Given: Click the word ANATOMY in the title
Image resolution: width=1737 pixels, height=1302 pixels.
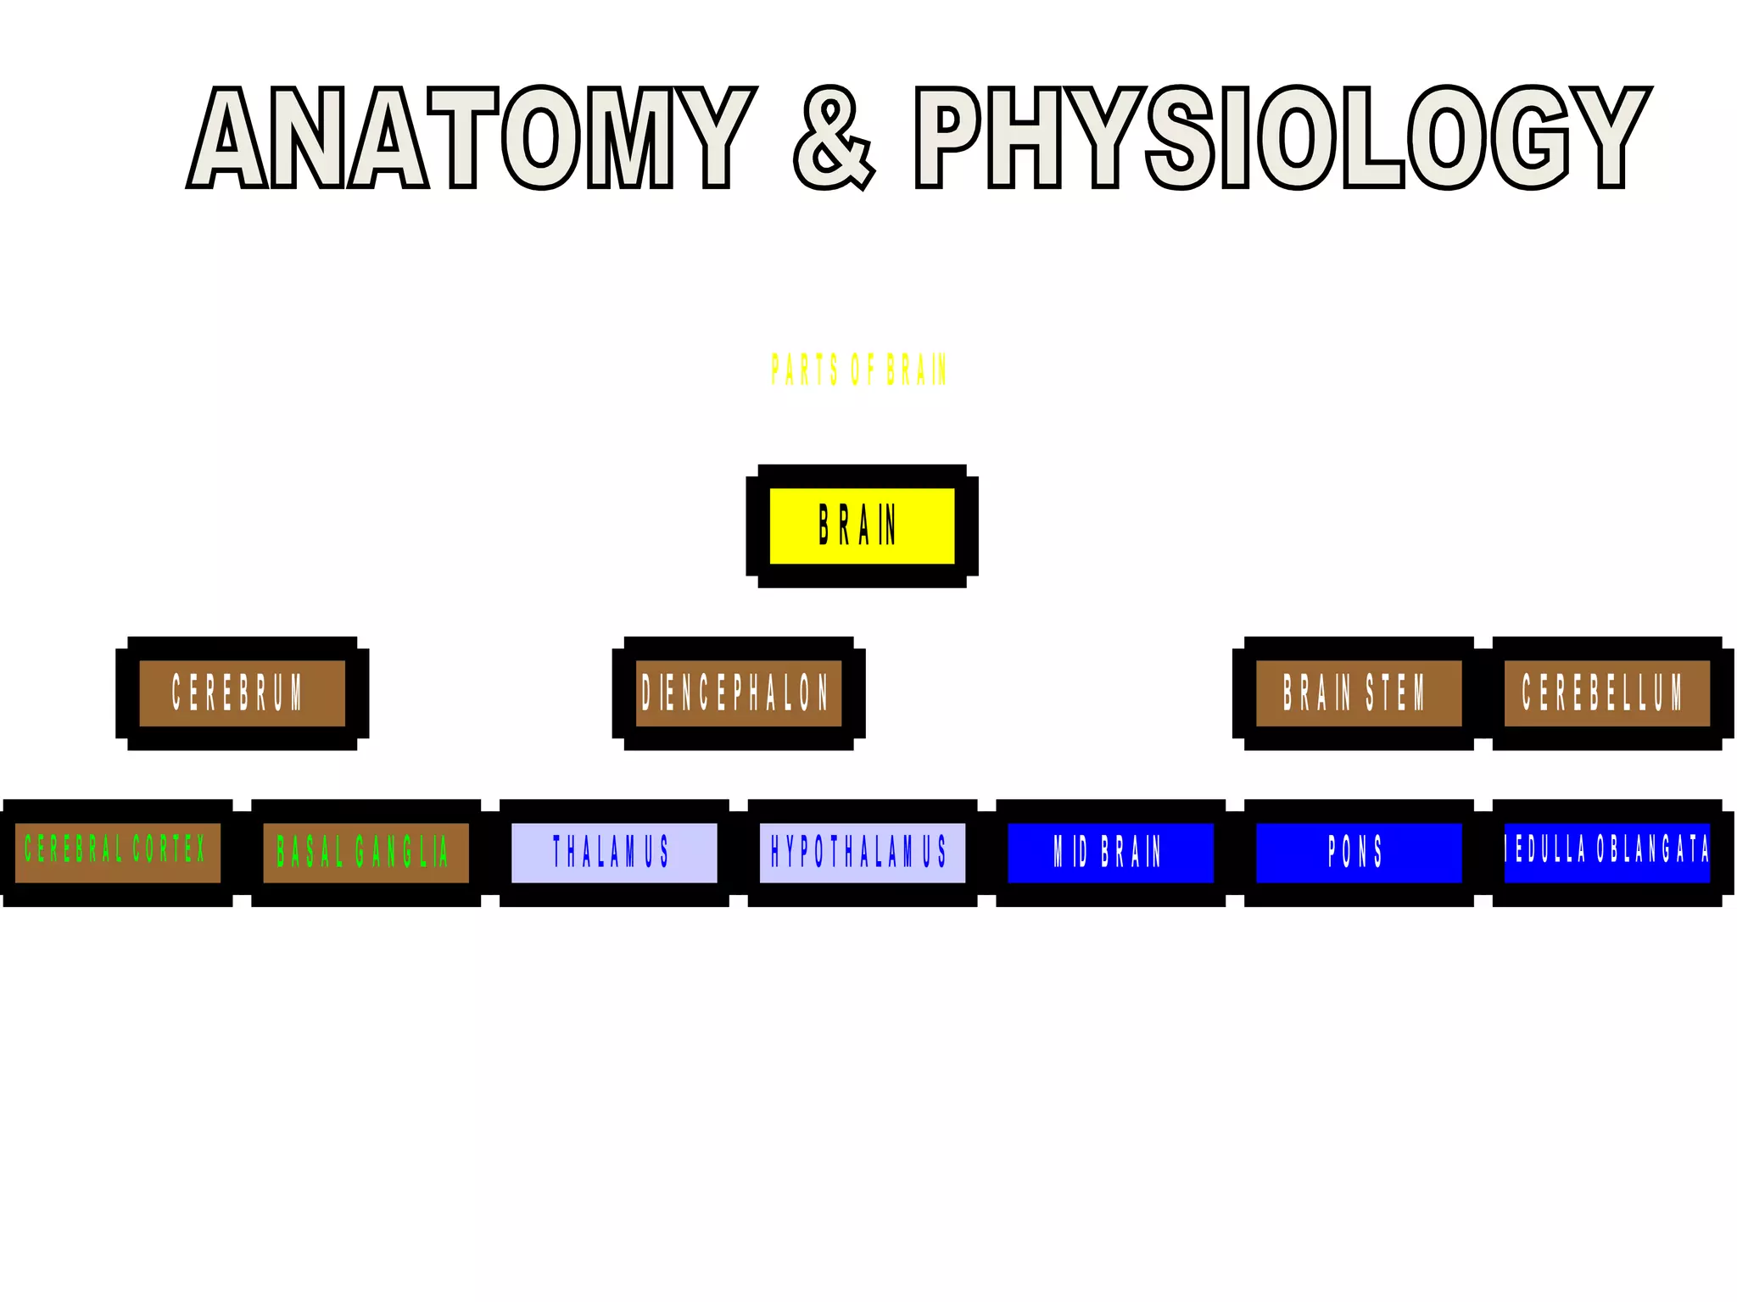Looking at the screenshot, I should point(472,137).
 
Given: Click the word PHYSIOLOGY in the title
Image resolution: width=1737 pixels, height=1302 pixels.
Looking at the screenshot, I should point(1282,137).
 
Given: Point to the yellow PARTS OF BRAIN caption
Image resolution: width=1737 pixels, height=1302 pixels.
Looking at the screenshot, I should point(858,370).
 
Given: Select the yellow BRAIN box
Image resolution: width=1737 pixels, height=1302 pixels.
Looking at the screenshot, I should point(862,526).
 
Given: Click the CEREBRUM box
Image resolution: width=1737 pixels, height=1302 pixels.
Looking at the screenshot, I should point(242,693).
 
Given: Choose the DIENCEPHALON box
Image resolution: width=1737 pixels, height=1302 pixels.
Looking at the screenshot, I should point(738,693).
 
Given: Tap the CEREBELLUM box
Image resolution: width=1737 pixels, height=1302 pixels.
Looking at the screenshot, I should point(1606,693).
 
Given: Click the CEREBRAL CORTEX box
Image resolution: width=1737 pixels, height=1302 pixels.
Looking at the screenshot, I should point(117,852).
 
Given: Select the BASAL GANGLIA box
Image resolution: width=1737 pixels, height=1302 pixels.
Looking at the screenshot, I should point(366,852).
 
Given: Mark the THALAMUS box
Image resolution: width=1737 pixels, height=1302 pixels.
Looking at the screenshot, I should point(613,852).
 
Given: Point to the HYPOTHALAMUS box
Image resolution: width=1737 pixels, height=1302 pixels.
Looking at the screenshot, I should point(862,852).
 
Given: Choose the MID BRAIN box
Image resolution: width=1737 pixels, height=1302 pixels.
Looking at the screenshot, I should point(1110,852).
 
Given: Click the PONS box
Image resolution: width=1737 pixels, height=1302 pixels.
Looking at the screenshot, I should point(1358,852).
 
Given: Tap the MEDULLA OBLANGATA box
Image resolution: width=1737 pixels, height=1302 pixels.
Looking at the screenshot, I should point(1606,852).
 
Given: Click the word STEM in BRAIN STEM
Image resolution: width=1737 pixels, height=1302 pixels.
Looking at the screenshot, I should point(1395,693).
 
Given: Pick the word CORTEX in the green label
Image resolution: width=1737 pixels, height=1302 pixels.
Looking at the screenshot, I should point(169,849).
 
